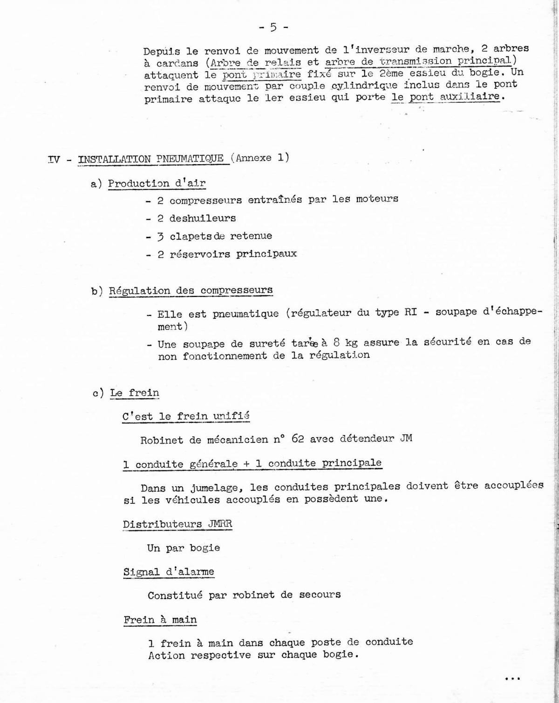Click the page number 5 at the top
pyautogui.click(x=273, y=27)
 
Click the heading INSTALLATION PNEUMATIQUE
pyautogui.click(x=150, y=159)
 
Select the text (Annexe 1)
pyautogui.click(x=260, y=158)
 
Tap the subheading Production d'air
pyautogui.click(x=157, y=183)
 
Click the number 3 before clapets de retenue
pyautogui.click(x=160, y=236)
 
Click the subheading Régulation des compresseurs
pyautogui.click(x=191, y=291)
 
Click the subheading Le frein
pyautogui.click(x=135, y=393)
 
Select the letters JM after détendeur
pyautogui.click(x=406, y=438)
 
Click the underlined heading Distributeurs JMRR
pyautogui.click(x=177, y=524)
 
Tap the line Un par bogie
pyautogui.click(x=184, y=548)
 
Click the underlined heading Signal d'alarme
pyautogui.click(x=169, y=572)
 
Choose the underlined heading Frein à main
pyautogui.click(x=160, y=620)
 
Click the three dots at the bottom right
pyautogui.click(x=512, y=679)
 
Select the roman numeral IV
pyautogui.click(x=54, y=160)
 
